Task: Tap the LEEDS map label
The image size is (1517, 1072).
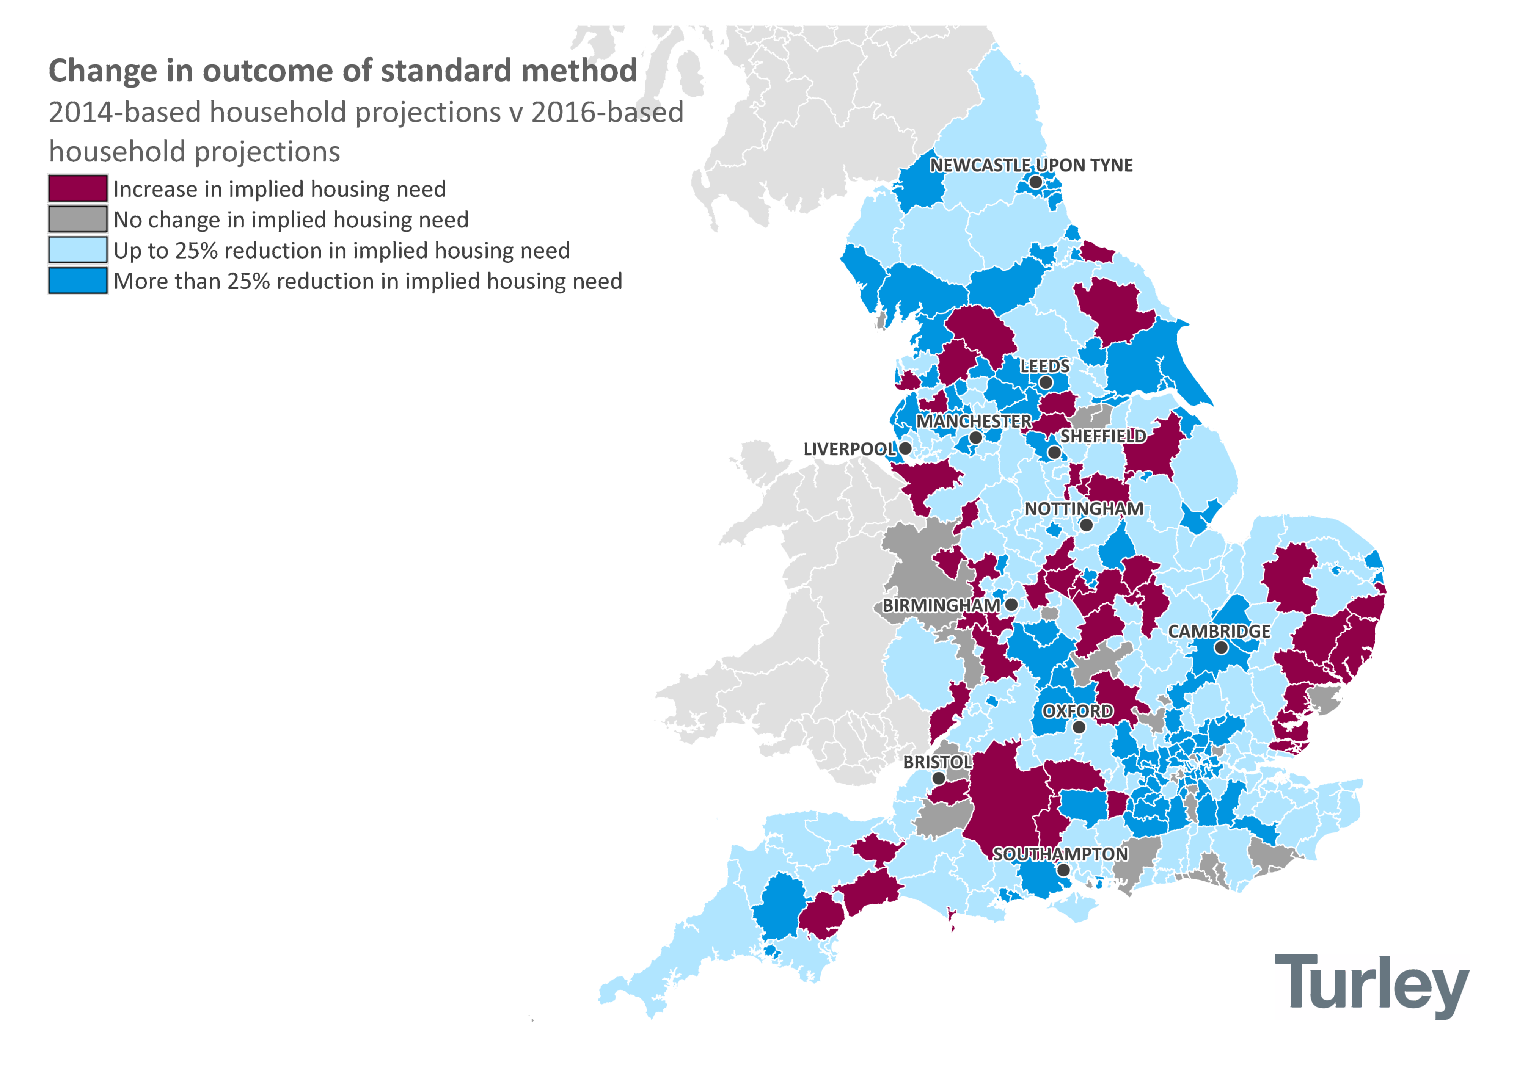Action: click(1044, 366)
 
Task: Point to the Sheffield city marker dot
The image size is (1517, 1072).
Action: click(1054, 453)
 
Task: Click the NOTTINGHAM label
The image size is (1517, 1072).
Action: click(1084, 509)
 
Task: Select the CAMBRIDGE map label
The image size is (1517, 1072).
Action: click(1219, 632)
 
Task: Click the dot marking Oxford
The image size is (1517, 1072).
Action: click(1079, 727)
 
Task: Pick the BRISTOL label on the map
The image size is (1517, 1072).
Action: click(937, 762)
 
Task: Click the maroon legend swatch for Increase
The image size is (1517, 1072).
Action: click(77, 189)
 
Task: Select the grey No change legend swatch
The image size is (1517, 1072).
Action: click(77, 219)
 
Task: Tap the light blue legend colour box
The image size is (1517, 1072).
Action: click(77, 250)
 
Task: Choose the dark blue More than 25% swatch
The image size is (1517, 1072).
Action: click(77, 281)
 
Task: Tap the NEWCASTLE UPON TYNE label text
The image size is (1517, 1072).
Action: click(1031, 165)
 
